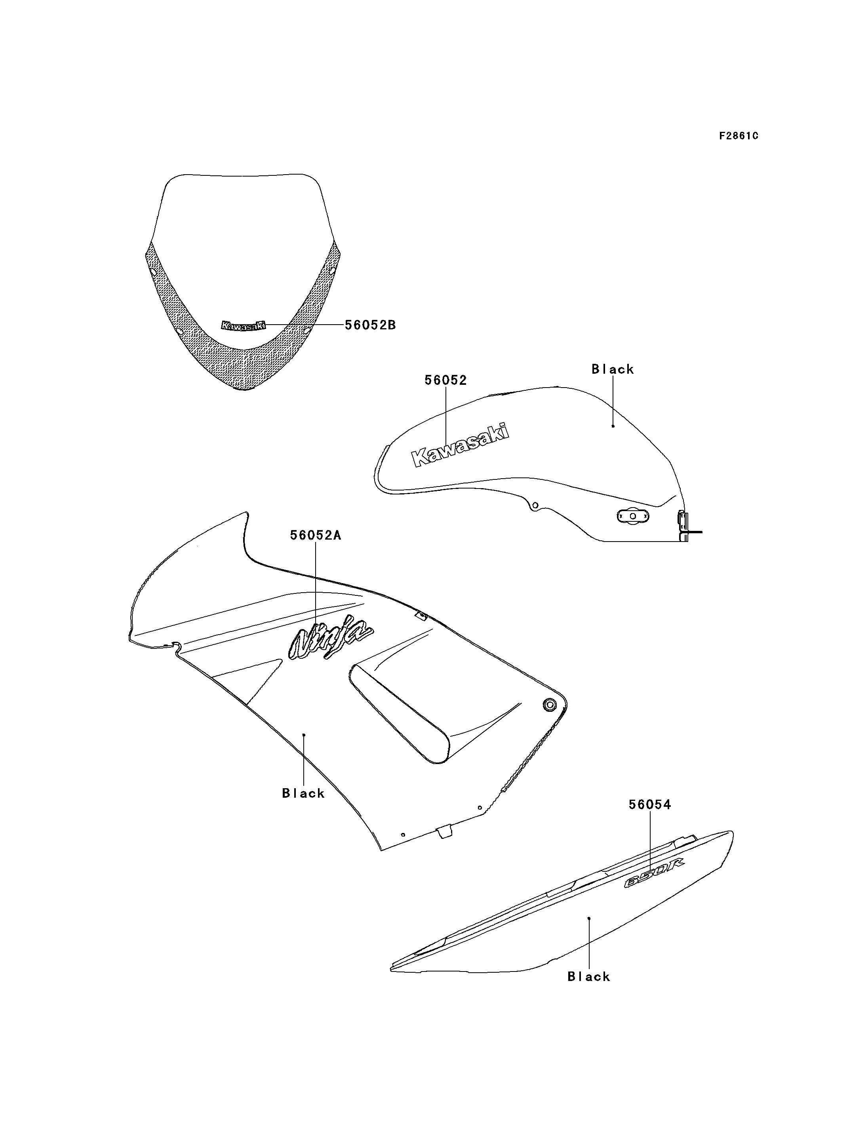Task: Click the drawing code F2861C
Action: click(739, 136)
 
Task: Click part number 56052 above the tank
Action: click(445, 380)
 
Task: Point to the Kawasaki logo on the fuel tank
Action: click(460, 445)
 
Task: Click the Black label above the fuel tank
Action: click(613, 369)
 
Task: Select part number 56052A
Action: click(315, 535)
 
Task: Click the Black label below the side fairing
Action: click(303, 793)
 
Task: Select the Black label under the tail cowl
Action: click(589, 976)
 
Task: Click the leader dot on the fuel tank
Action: click(613, 426)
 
